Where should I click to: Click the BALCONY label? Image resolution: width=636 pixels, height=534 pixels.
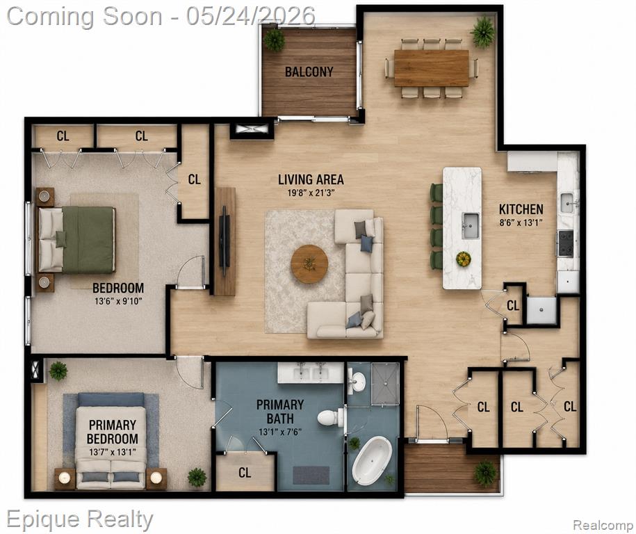coord(309,72)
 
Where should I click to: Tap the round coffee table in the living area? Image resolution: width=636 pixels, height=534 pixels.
coord(309,264)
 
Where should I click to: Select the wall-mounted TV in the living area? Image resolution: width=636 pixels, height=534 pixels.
coord(225,241)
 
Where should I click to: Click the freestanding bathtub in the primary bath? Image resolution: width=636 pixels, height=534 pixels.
coord(372,460)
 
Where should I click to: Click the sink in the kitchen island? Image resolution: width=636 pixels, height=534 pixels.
coord(471,226)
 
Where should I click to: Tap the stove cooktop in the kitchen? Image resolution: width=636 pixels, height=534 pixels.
coord(566,243)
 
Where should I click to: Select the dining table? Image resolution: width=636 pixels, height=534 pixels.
coord(431,68)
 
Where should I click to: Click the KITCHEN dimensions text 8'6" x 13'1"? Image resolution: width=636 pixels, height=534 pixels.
coord(521,222)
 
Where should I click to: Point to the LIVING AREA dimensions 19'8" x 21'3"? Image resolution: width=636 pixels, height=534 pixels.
coord(311,193)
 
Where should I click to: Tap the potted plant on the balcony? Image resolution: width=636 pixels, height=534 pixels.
coord(274,40)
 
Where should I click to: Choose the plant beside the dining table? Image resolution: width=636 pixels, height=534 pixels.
coord(482,32)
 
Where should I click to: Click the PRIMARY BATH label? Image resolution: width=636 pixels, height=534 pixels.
coord(280,411)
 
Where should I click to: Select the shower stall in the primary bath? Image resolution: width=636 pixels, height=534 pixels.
coord(385,383)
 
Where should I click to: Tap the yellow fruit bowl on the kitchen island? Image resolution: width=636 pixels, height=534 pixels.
coord(463,259)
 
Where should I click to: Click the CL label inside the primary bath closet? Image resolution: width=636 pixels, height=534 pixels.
coord(245,472)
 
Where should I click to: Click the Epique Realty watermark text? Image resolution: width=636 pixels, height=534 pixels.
coord(80,519)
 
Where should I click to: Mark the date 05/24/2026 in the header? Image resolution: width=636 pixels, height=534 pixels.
coord(251,17)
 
